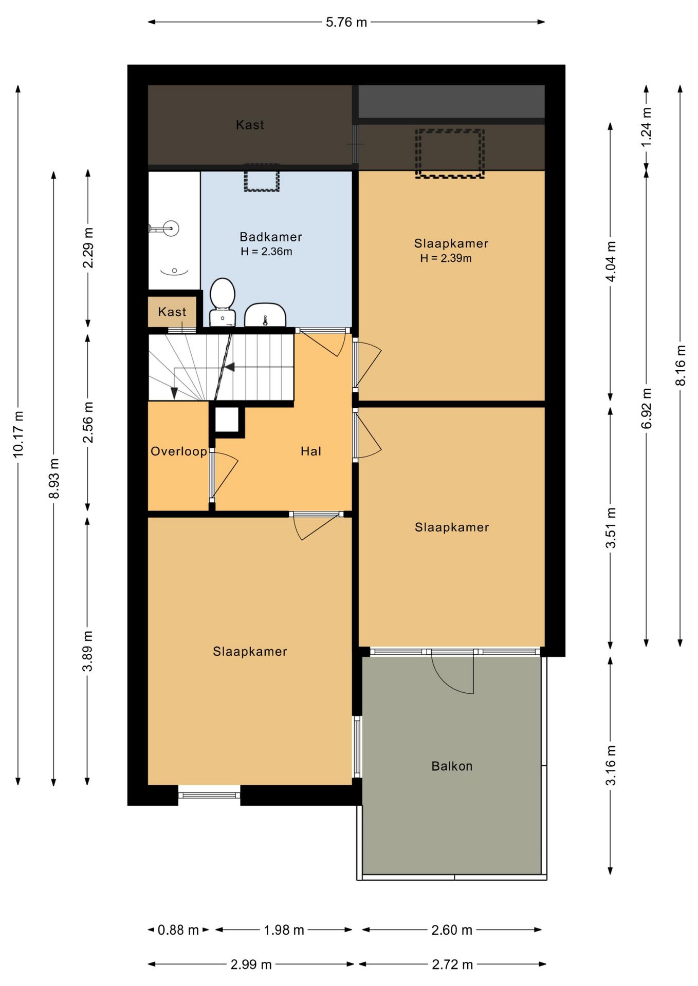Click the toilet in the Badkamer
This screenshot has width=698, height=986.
coord(223,302)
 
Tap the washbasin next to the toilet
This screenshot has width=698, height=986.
coord(265,315)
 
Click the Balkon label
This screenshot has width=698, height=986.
coord(452,766)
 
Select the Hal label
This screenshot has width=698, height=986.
coord(311,451)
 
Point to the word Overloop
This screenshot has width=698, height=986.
coord(179,451)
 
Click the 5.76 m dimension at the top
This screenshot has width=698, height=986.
coord(346,22)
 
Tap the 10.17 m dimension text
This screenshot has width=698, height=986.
coord(18,434)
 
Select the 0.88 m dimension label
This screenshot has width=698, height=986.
coord(178,930)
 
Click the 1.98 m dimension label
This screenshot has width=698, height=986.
coord(284,930)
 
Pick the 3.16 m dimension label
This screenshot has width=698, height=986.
coord(611,766)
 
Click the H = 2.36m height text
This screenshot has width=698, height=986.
coord(266,252)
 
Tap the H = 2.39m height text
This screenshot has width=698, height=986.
coord(446,258)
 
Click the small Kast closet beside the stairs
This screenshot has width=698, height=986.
coord(172,312)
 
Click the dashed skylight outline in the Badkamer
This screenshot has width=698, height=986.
coord(262,178)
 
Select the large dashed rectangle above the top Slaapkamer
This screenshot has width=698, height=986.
coord(450,154)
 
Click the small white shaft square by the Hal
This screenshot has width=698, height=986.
coord(227,420)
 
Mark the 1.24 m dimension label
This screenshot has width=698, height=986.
coord(647,127)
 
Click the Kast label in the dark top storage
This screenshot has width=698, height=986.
coord(250,125)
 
